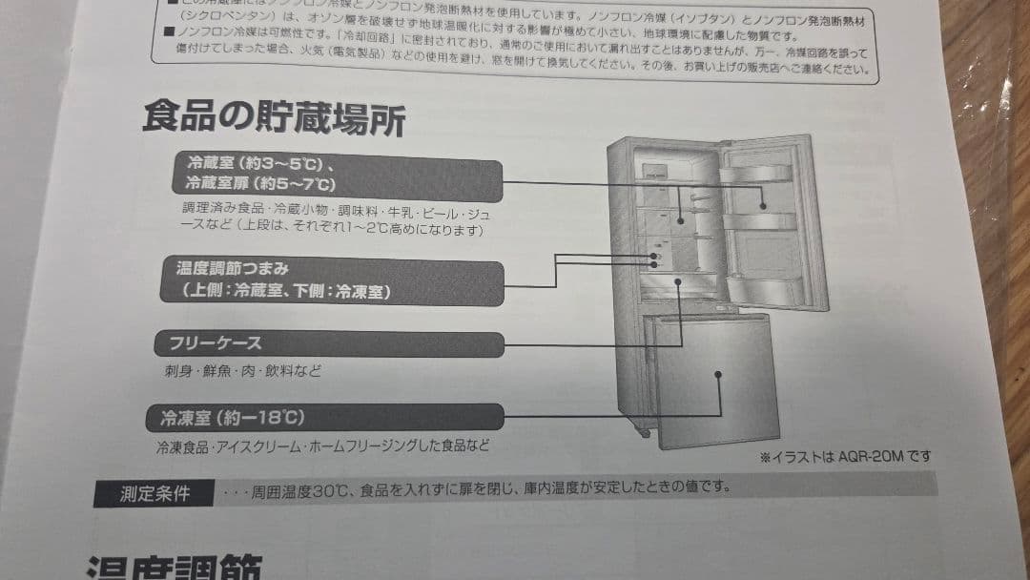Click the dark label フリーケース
(x=216, y=342)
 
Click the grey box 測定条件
(x=154, y=493)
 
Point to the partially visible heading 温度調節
(x=172, y=568)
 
